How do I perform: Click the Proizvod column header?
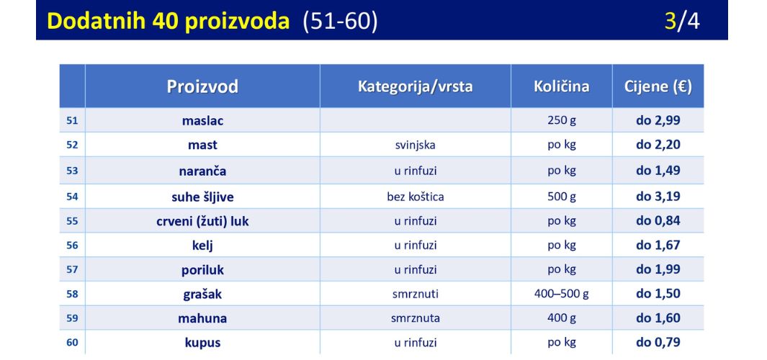click(202, 86)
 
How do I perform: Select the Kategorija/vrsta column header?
click(416, 86)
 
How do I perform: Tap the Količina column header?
click(562, 86)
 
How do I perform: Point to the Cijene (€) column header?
click(658, 86)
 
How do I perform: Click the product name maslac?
click(202, 120)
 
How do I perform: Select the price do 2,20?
click(658, 145)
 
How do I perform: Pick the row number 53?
click(72, 171)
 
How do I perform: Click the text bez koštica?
click(416, 197)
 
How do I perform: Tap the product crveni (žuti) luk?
click(202, 221)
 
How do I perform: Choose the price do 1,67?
click(658, 245)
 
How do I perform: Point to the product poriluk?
click(202, 269)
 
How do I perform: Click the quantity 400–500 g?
click(562, 294)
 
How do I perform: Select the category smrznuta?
click(416, 318)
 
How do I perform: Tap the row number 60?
click(72, 343)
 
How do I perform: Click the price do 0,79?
click(658, 342)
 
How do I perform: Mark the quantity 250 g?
click(562, 120)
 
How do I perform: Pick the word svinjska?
click(416, 145)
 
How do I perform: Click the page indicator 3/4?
click(682, 21)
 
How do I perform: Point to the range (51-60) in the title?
click(340, 22)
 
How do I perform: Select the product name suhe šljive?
click(202, 197)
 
